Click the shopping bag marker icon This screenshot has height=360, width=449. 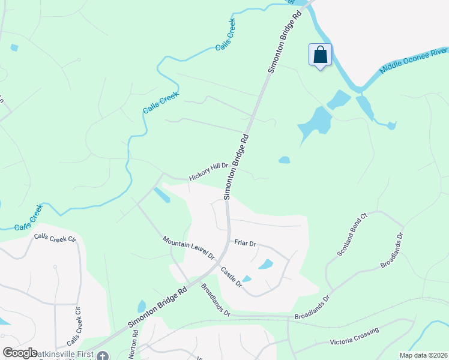[x=321, y=55]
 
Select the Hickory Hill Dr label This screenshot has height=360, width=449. [x=208, y=172]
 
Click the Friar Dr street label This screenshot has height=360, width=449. [x=246, y=244]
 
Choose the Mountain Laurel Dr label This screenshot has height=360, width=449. [x=188, y=247]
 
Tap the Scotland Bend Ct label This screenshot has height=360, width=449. [x=352, y=235]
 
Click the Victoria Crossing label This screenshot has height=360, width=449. [x=354, y=337]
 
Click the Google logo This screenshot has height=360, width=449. [x=20, y=353]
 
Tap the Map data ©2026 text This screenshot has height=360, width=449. [x=423, y=355]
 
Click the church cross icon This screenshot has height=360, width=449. [x=103, y=356]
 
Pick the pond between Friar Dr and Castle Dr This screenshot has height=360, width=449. [x=265, y=264]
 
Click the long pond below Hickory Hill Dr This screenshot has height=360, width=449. [x=161, y=195]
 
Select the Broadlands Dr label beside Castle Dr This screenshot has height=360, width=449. [x=215, y=299]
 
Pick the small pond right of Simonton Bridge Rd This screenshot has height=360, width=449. [x=284, y=160]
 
